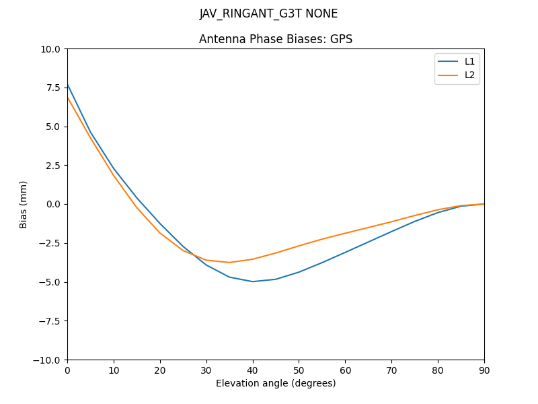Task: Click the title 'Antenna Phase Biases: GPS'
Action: click(x=276, y=39)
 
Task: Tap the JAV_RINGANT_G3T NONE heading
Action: click(x=269, y=13)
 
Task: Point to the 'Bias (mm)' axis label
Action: click(x=24, y=204)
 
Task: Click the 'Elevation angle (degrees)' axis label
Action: click(x=276, y=384)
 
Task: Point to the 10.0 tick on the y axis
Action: click(x=51, y=49)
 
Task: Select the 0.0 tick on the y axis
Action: click(x=53, y=204)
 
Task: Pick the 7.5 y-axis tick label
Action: click(x=53, y=88)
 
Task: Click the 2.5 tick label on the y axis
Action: click(x=53, y=166)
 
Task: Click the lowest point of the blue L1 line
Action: click(x=253, y=281)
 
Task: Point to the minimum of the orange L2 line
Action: click(x=229, y=263)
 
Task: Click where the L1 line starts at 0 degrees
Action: click(x=68, y=85)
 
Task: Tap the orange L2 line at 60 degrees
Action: click(x=345, y=233)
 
